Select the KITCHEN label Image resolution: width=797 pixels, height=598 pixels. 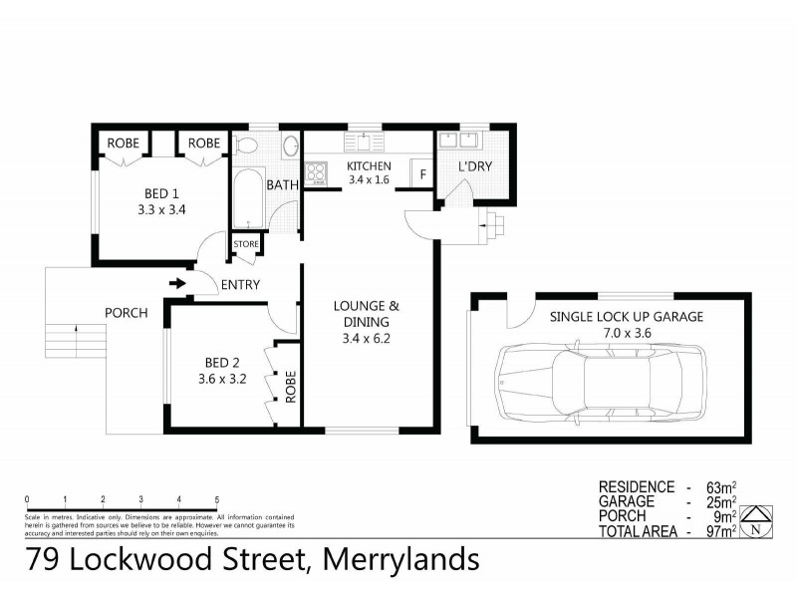pos(369,166)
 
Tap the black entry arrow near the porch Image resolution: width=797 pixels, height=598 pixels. pos(178,285)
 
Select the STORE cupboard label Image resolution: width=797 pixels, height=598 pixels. pos(246,244)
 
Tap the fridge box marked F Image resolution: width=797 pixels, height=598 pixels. pos(423,174)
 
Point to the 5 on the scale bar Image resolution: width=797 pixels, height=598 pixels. pos(217,499)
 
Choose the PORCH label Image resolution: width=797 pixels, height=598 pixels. pos(127,313)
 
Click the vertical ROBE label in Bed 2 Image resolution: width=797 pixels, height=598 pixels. pos(290,387)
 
